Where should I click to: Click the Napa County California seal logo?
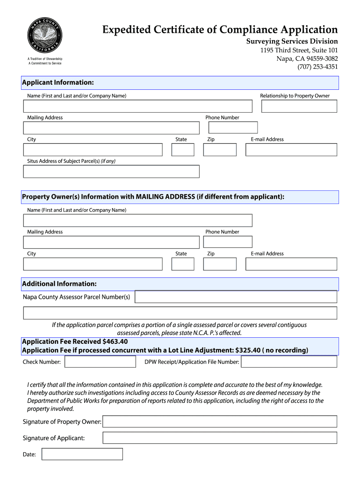(x=44, y=36)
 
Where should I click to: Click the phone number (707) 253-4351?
(x=317, y=67)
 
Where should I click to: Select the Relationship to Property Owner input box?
(x=299, y=106)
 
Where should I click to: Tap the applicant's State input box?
(x=183, y=150)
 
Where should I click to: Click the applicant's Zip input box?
(x=219, y=150)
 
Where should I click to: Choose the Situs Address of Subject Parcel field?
(x=111, y=172)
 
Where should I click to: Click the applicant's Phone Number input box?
(x=233, y=128)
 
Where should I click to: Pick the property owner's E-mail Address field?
(x=291, y=264)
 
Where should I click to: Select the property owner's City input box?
(x=93, y=264)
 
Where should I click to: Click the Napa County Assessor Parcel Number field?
(x=236, y=297)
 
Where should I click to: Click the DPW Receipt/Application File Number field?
(x=288, y=362)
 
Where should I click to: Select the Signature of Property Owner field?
(x=219, y=421)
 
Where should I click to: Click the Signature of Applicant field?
(x=219, y=438)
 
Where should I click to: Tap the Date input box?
(x=82, y=454)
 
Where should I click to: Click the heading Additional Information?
(x=59, y=284)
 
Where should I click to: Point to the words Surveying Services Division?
(x=292, y=41)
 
